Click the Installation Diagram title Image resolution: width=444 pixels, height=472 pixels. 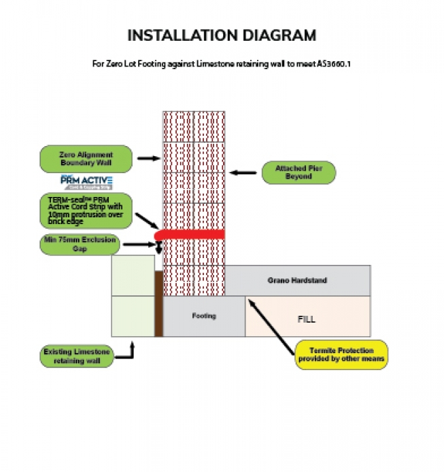pos(222,35)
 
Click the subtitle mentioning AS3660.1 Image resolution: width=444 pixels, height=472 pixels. pos(222,65)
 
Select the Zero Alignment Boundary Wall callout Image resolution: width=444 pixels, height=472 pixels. pos(86,159)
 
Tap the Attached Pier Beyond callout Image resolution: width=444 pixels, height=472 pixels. pos(298,173)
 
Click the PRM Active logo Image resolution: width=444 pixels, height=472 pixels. pos(86,182)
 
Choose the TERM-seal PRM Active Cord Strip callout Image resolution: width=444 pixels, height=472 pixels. pos(86,210)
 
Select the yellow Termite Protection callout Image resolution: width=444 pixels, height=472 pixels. pos(342,355)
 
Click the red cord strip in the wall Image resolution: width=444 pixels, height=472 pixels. pos(190,234)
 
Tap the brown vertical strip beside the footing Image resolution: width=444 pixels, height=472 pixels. pos(158,304)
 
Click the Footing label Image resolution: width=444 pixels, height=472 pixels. pos(203,316)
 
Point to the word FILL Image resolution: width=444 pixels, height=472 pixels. pos(307,318)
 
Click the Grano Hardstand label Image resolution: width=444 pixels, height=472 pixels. pos(297,280)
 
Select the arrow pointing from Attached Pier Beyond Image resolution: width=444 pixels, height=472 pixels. pos(242,173)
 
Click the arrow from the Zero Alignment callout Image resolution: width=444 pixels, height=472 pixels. pos(148,159)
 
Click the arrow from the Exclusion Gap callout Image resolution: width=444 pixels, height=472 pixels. pos(139,244)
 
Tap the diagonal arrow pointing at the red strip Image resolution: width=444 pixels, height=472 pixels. pos(147,221)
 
